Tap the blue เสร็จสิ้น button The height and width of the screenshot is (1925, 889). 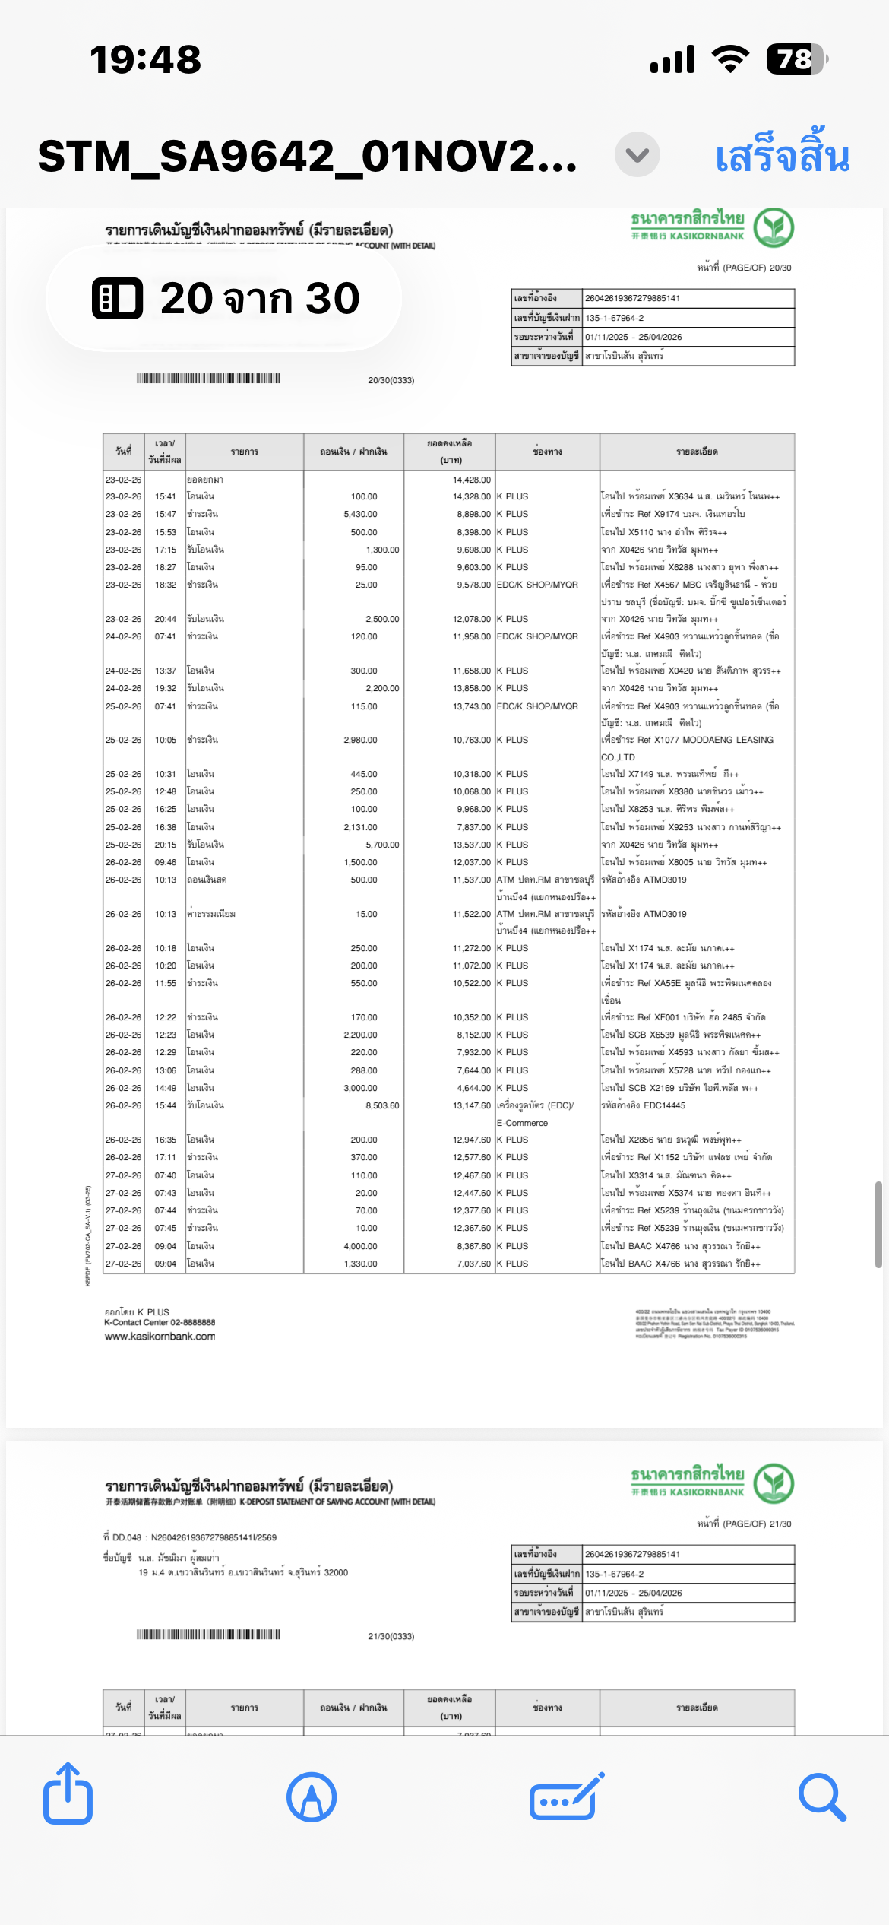pyautogui.click(x=782, y=156)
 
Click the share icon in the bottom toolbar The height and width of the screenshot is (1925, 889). pyautogui.click(x=68, y=1797)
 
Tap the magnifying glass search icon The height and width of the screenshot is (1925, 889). pyautogui.click(x=822, y=1797)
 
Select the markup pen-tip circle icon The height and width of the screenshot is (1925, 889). pyautogui.click(x=312, y=1797)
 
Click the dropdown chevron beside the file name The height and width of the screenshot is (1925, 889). pyautogui.click(x=637, y=155)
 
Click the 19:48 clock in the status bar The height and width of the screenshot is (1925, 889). pyautogui.click(x=145, y=59)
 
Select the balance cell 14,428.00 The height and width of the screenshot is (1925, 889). pyautogui.click(x=472, y=480)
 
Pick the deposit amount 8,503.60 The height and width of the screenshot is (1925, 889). pyautogui.click(x=382, y=1105)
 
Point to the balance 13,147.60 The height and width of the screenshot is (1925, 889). pyautogui.click(x=472, y=1105)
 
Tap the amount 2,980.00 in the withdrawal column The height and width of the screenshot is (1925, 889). pyautogui.click(x=360, y=740)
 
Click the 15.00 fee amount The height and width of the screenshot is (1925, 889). pyautogui.click(x=366, y=914)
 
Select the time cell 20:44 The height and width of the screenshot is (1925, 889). pyautogui.click(x=165, y=619)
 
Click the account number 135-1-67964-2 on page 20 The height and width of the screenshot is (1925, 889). pyautogui.click(x=614, y=318)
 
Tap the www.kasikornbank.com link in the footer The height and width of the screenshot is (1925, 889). pyautogui.click(x=160, y=1337)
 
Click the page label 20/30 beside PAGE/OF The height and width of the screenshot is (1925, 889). pyautogui.click(x=780, y=268)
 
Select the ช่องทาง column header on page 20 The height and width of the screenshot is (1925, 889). pyautogui.click(x=547, y=452)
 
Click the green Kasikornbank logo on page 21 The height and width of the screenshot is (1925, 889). pyautogui.click(x=774, y=1483)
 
